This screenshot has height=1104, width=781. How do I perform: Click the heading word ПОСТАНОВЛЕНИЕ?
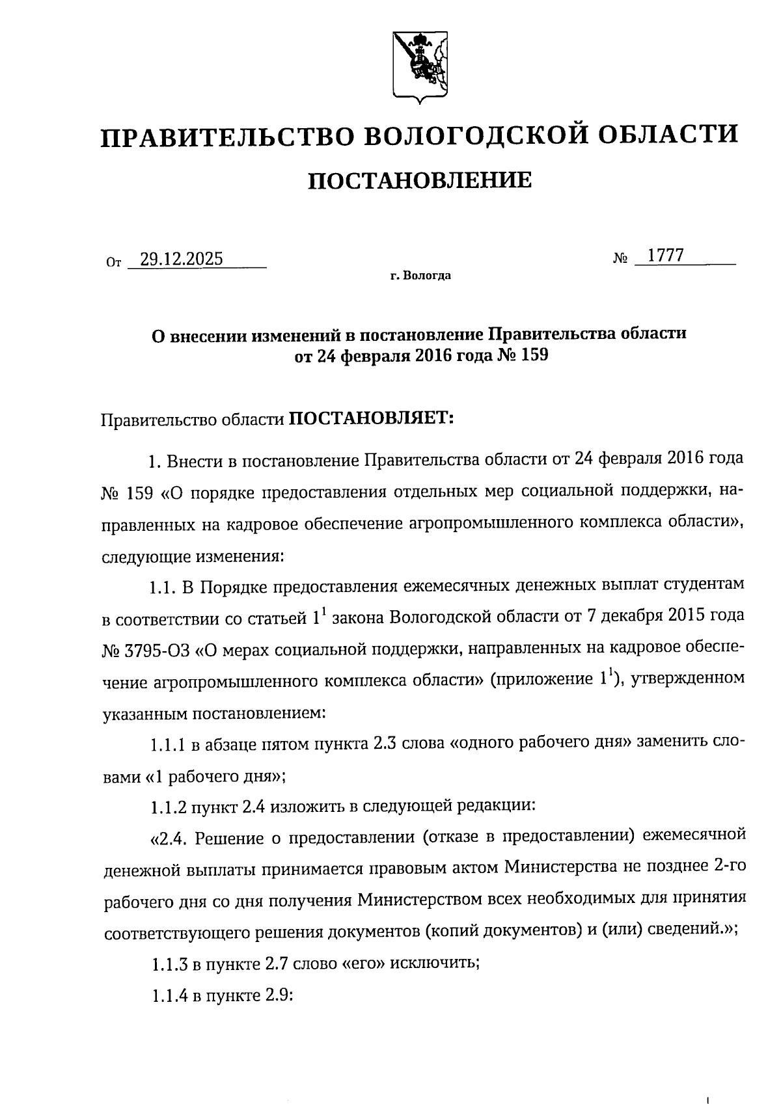420,180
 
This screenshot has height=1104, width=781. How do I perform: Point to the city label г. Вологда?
420,276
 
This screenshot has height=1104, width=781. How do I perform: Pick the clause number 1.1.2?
168,807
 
